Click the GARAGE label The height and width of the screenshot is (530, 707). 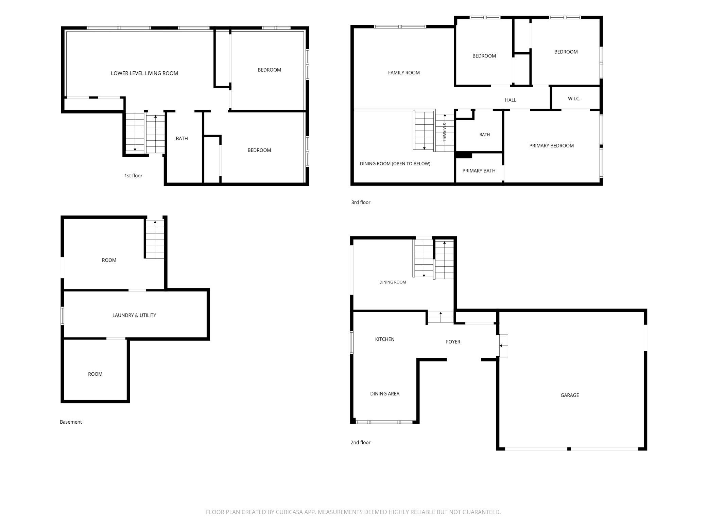pyautogui.click(x=570, y=395)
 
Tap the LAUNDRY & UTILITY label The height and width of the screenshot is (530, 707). pyautogui.click(x=134, y=315)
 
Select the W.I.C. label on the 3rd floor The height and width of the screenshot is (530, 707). pyautogui.click(x=574, y=99)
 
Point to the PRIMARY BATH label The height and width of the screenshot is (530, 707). pyautogui.click(x=479, y=171)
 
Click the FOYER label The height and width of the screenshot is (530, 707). pyautogui.click(x=453, y=342)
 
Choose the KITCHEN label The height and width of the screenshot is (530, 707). pyautogui.click(x=385, y=339)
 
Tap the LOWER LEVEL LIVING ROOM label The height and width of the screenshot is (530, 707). pyautogui.click(x=144, y=73)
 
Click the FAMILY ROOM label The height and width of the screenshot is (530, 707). pyautogui.click(x=404, y=72)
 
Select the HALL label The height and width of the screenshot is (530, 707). pyautogui.click(x=511, y=100)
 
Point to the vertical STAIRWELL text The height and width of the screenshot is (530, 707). pyautogui.click(x=444, y=132)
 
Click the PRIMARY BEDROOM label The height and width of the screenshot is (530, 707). pyautogui.click(x=551, y=145)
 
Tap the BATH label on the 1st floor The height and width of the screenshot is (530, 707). pyautogui.click(x=182, y=138)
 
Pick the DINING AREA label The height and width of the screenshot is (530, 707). pyautogui.click(x=385, y=393)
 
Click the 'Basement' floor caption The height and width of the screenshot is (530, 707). pyautogui.click(x=71, y=422)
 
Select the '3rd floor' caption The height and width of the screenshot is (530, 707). pyautogui.click(x=361, y=202)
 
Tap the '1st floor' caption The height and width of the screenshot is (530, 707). pyautogui.click(x=133, y=176)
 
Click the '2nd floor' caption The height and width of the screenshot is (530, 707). pyautogui.click(x=360, y=442)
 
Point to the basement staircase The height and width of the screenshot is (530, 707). pyautogui.click(x=155, y=239)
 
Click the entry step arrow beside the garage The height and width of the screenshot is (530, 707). pyautogui.click(x=503, y=346)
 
